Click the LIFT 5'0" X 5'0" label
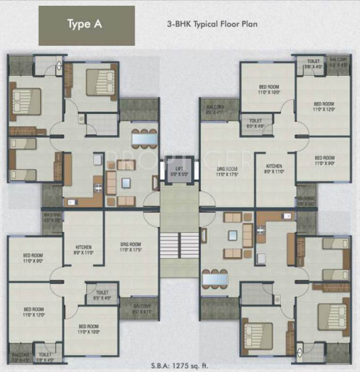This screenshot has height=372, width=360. (x=180, y=169)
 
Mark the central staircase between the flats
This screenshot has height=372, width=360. (x=180, y=245)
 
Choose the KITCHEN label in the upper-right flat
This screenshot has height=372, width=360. (x=273, y=169)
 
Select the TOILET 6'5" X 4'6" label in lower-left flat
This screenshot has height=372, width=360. (x=102, y=295)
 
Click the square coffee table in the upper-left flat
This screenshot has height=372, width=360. (x=126, y=183)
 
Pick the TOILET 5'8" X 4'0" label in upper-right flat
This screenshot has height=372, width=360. (x=313, y=64)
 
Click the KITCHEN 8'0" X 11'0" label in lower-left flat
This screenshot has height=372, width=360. (x=83, y=249)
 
